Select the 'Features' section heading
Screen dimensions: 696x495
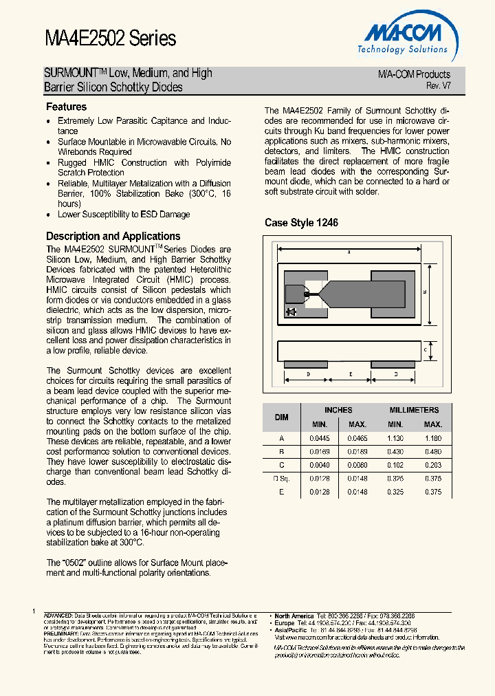coord(66,107)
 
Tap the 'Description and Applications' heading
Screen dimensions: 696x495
coord(113,236)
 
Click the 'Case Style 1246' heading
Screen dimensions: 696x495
coord(301,223)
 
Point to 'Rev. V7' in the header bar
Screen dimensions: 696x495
coord(438,86)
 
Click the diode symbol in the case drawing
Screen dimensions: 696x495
coord(291,312)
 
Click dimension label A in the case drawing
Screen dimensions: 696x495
coord(349,252)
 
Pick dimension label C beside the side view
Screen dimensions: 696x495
coord(426,350)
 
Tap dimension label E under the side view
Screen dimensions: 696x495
coord(351,374)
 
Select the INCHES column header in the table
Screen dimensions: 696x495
coord(338,410)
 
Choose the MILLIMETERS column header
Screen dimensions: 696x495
coord(414,410)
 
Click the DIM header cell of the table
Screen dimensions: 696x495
coord(282,417)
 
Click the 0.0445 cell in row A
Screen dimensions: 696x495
coord(320,438)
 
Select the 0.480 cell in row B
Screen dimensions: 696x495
coord(433,452)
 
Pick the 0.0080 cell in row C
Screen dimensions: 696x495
coord(357,466)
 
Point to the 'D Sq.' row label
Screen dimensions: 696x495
coord(282,479)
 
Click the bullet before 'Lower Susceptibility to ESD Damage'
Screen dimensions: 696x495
coord(48,215)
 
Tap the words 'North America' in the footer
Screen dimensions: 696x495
coord(294,616)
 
